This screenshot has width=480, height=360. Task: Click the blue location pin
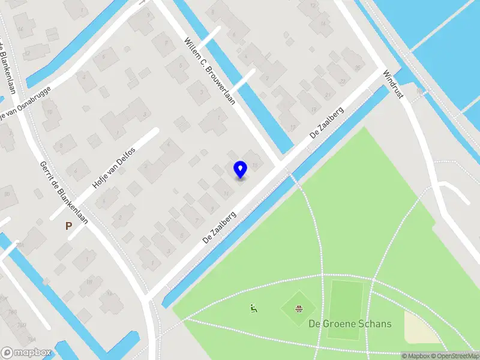[240, 169]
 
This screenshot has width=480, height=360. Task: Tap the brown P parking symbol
[68, 226]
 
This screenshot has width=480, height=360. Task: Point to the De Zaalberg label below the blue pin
[220, 226]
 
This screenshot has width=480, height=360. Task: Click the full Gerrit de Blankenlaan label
[64, 193]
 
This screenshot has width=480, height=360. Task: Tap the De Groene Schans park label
[350, 324]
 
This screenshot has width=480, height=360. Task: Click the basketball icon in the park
[298, 309]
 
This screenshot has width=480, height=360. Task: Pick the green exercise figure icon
[254, 308]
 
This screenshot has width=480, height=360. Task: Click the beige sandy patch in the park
[421, 328]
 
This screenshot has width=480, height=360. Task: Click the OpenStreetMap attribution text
[455, 356]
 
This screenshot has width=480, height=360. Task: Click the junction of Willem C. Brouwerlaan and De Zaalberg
[279, 164]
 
